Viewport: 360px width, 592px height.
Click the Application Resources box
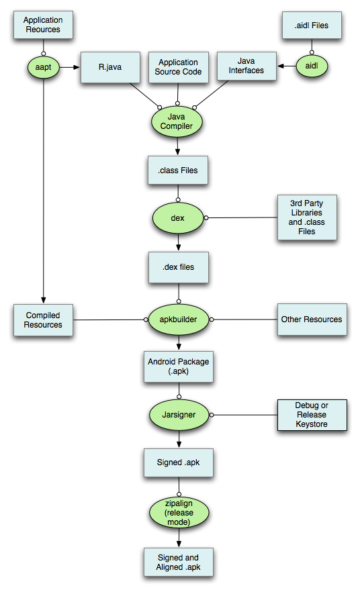(42, 25)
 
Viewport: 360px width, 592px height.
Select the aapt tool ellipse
(43, 66)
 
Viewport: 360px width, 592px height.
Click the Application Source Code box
(178, 67)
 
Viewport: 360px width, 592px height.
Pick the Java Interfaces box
(246, 66)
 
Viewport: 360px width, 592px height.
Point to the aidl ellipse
(311, 66)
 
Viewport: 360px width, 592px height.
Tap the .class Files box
(178, 170)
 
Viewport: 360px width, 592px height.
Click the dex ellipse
(178, 218)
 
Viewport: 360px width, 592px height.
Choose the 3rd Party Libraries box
(307, 217)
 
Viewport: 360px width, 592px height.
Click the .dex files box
(178, 267)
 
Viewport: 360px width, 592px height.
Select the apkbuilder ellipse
(178, 319)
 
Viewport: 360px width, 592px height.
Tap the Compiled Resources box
(44, 320)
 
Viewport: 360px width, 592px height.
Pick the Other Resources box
(311, 319)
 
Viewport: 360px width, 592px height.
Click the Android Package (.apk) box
(178, 366)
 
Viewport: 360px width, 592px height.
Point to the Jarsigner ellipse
(178, 415)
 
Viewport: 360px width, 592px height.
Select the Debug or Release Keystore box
(312, 415)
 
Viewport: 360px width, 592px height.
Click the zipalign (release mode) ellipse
(178, 513)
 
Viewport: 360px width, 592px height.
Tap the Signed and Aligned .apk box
(178, 562)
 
